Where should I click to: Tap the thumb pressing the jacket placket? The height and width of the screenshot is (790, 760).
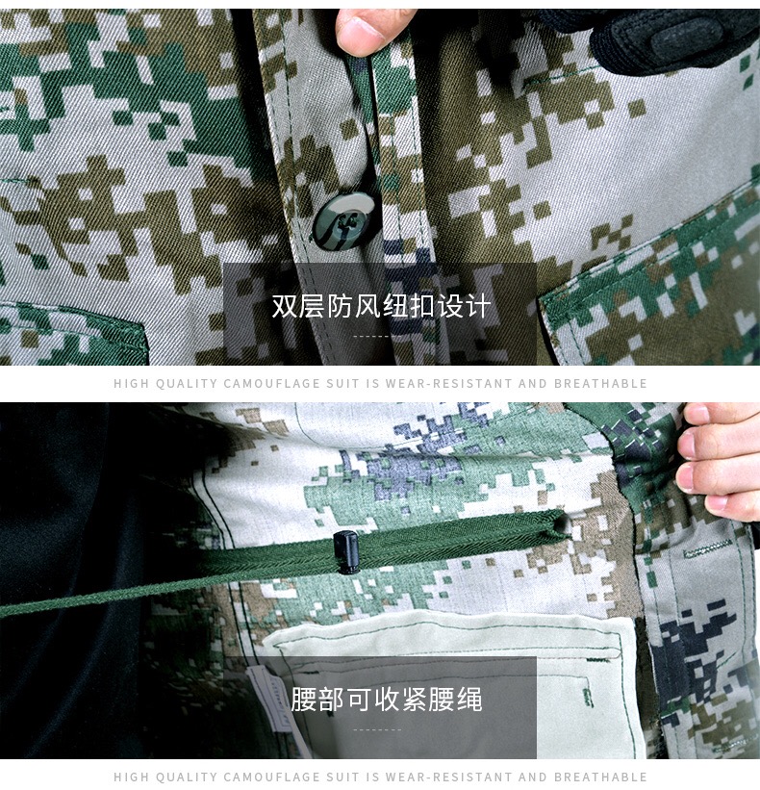pyautogui.click(x=368, y=29)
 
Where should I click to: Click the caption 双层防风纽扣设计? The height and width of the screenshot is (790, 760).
pyautogui.click(x=380, y=306)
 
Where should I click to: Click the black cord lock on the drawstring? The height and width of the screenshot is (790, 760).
pyautogui.click(x=347, y=551)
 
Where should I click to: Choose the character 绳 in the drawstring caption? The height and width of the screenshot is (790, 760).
pyautogui.click(x=469, y=699)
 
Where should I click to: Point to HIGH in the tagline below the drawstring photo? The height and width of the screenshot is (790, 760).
pyautogui.click(x=130, y=777)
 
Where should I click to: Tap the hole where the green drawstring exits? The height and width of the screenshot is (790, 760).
pyautogui.click(x=558, y=524)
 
